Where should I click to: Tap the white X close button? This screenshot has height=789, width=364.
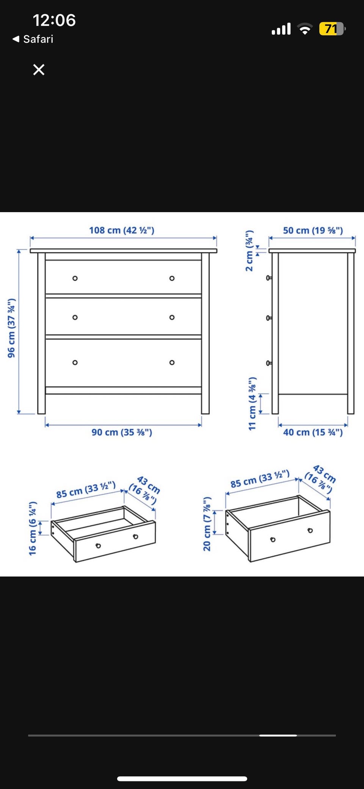pyautogui.click(x=39, y=70)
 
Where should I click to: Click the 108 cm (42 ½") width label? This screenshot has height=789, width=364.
pyautogui.click(x=122, y=230)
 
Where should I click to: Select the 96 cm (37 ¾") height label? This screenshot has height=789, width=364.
pyautogui.click(x=11, y=328)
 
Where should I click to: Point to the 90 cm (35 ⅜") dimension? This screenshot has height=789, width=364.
pyautogui.click(x=122, y=432)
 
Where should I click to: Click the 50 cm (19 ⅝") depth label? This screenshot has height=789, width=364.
pyautogui.click(x=313, y=230)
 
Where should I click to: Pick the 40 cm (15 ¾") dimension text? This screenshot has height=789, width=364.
pyautogui.click(x=313, y=432)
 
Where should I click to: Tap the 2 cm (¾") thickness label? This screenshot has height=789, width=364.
pyautogui.click(x=249, y=251)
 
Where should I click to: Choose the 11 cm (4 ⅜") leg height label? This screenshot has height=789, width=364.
pyautogui.click(x=252, y=404)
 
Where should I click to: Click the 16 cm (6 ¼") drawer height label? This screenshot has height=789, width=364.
pyautogui.click(x=33, y=529)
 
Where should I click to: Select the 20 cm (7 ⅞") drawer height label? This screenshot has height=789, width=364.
pyautogui.click(x=207, y=524)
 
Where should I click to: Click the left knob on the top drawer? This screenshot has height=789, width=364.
pyautogui.click(x=75, y=278)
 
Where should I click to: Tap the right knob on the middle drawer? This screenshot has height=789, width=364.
pyautogui.click(x=172, y=317)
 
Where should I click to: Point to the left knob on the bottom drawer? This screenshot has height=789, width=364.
pyautogui.click(x=75, y=362)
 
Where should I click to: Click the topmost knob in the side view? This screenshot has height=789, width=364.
pyautogui.click(x=269, y=278)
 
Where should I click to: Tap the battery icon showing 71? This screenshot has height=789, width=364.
pyautogui.click(x=332, y=29)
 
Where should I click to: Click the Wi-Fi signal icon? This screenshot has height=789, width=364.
pyautogui.click(x=305, y=29)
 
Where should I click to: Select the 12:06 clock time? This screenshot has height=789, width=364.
pyautogui.click(x=54, y=20)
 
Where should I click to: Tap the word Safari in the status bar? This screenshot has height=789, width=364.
pyautogui.click(x=38, y=39)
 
